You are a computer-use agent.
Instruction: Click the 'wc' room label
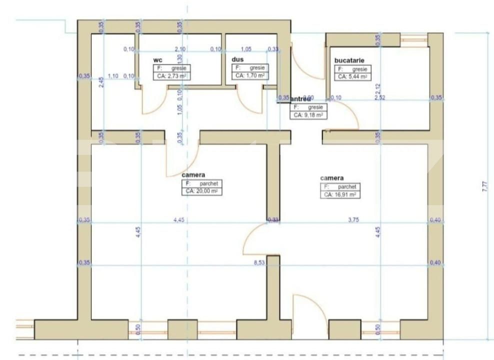click(x=158, y=60)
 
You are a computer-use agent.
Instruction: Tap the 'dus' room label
click(x=237, y=59)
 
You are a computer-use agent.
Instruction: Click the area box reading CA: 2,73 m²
click(x=172, y=76)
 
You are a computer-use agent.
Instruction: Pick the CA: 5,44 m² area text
click(x=352, y=76)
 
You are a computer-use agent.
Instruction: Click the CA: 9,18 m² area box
click(x=307, y=115)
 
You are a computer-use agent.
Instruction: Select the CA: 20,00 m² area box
click(x=201, y=191)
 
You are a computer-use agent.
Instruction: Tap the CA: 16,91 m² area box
click(x=339, y=194)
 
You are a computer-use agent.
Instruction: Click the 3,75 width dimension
click(x=353, y=219)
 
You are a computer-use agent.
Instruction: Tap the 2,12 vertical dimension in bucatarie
click(x=378, y=88)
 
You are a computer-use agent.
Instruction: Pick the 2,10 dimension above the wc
click(x=179, y=49)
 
